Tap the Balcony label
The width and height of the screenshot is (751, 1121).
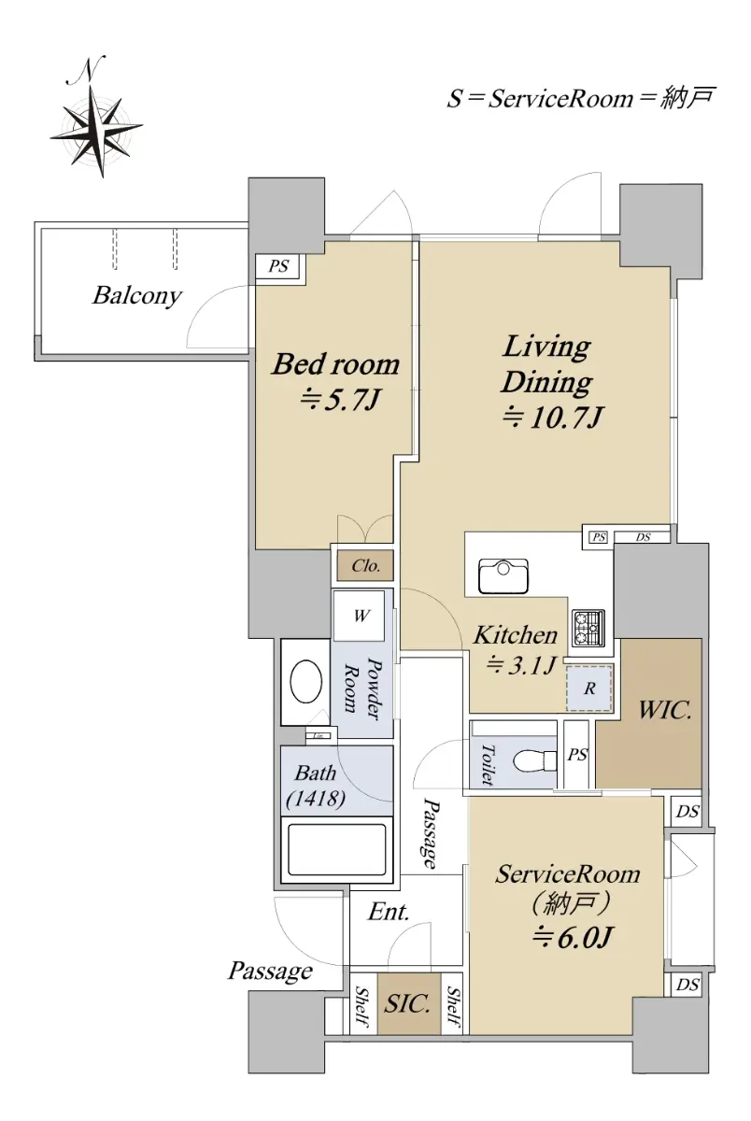coord(136,296)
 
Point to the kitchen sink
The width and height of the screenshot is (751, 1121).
coord(503,576)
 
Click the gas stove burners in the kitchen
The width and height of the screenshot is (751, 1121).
coord(588,628)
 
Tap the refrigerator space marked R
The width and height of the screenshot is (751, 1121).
coord(589,688)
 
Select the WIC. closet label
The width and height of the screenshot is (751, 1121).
coord(665,710)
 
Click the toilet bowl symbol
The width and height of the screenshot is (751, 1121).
coord(535,761)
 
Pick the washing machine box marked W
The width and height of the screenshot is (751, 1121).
coord(360,616)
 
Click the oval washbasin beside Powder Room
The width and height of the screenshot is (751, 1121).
coord(306,683)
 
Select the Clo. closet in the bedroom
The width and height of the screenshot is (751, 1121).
coord(364,566)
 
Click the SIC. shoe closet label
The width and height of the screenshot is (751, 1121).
coord(406,1003)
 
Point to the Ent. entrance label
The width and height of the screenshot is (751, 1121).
coord(389,912)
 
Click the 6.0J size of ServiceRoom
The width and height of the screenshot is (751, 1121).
coord(572,937)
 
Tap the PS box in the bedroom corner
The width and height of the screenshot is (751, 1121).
coord(277,265)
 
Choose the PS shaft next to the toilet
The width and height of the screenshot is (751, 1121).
coord(577,754)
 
